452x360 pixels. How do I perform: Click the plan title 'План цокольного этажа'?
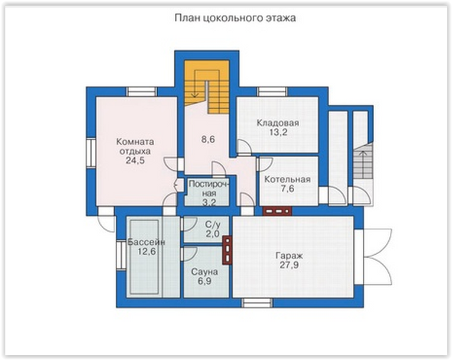[235, 18]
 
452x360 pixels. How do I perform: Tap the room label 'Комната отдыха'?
[135, 147]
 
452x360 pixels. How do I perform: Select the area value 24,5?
[135, 160]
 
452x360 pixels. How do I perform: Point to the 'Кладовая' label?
[278, 123]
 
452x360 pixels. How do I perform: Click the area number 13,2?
[278, 132]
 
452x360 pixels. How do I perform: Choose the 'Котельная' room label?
[287, 180]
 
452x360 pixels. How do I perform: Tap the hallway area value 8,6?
[208, 140]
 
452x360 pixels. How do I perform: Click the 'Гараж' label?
[289, 256]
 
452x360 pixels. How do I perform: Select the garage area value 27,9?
[289, 265]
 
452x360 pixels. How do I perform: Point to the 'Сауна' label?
[204, 272]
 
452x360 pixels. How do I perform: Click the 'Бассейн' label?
[146, 242]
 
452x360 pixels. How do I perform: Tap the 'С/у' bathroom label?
[213, 225]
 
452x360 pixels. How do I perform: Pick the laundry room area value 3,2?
[209, 203]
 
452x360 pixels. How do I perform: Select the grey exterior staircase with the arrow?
[363, 161]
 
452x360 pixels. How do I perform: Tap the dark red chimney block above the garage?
[277, 212]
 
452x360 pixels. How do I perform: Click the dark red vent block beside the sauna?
[227, 251]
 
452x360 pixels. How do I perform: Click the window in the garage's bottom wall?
[257, 303]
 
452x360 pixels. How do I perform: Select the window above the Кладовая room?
[272, 92]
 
